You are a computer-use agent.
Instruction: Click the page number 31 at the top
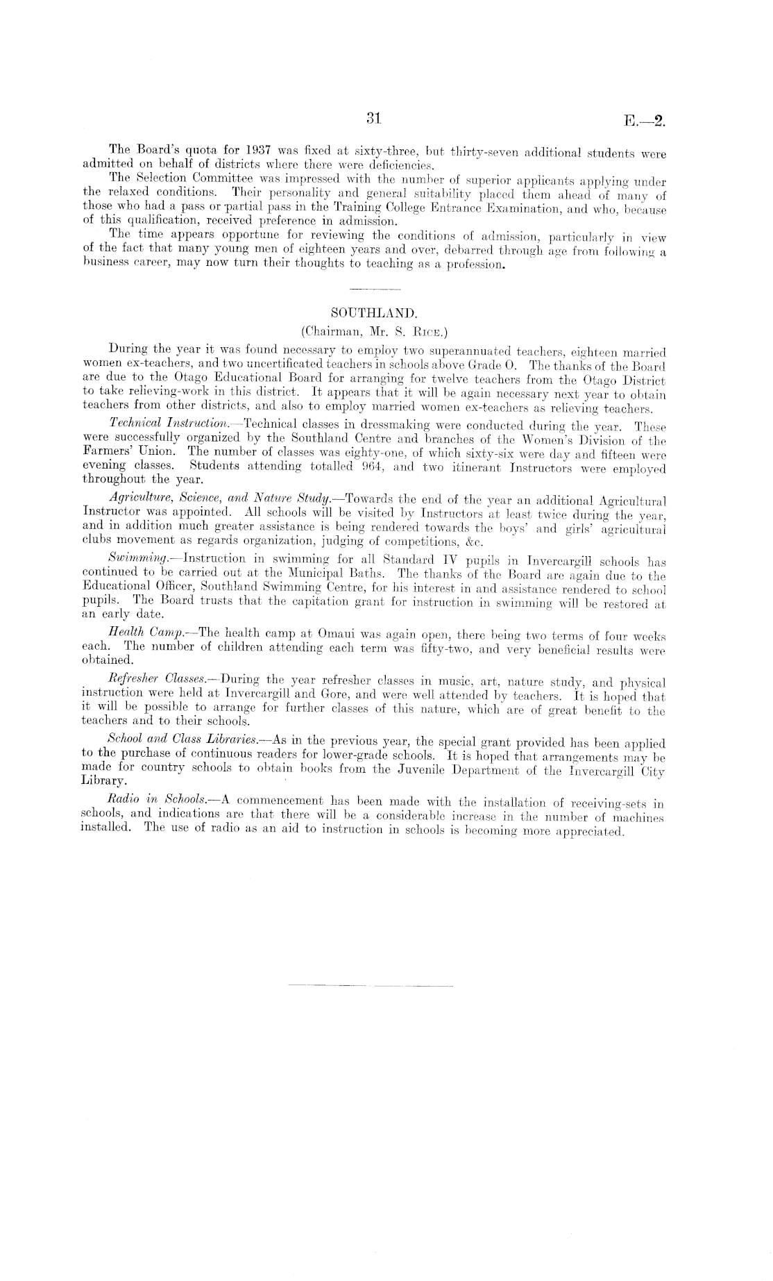pyautogui.click(x=374, y=118)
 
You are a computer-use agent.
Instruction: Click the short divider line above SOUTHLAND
pyautogui.click(x=375, y=287)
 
